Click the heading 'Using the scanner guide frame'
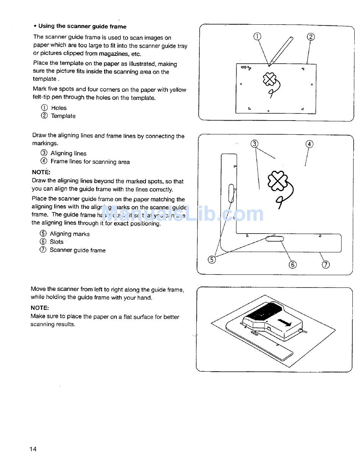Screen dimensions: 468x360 point(82,26)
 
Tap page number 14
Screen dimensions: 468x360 point(33,449)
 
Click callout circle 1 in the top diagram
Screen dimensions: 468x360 point(257,36)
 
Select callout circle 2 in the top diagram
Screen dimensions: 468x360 point(311,37)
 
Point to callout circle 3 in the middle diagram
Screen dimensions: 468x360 point(255,144)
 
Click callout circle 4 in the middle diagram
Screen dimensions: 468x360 point(310,144)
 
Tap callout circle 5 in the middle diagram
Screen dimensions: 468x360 point(212,259)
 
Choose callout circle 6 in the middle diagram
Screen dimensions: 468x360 point(293,264)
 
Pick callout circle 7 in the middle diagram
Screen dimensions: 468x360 point(326,264)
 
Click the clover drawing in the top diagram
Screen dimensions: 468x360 point(269,80)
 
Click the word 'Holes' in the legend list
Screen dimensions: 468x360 point(59,108)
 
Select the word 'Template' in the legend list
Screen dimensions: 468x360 point(63,116)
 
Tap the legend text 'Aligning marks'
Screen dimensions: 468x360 point(70,234)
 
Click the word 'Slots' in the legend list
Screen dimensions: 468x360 point(56,242)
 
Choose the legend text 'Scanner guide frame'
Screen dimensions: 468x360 point(78,250)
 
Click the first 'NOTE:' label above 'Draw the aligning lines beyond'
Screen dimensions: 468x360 point(41,172)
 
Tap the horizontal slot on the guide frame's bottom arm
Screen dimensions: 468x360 point(275,239)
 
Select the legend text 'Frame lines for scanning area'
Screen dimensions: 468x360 point(90,162)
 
